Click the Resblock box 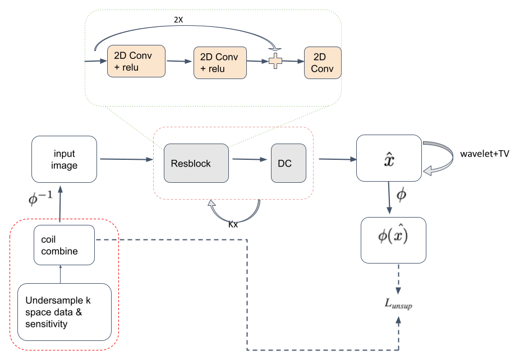point(196,163)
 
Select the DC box point(289,163)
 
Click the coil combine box point(63,245)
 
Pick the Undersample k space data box point(65,312)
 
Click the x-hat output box point(389,158)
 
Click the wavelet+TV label point(485,153)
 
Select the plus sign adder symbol point(275,62)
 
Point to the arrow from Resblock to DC point(250,160)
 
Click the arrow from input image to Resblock point(126,159)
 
